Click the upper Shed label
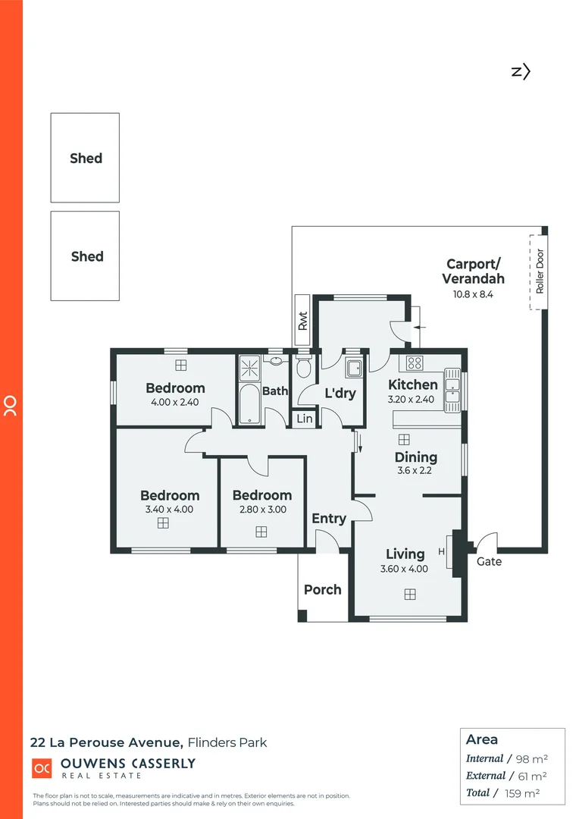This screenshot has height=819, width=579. pos(86,158)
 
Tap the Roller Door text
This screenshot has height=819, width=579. pos(540,271)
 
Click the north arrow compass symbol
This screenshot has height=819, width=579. pos(520,71)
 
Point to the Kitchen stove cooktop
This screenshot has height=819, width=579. pos(415,362)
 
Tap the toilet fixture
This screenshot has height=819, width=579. pos(303,368)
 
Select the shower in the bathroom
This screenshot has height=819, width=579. pos(249,367)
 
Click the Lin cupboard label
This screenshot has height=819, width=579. pos(304,419)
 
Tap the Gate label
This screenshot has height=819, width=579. pos(489,562)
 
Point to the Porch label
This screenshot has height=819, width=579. pos(323,589)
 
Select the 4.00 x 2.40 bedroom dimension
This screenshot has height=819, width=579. pos(175,402)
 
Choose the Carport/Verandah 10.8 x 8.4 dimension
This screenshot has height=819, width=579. pos(473,294)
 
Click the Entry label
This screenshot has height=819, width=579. pos(329,519)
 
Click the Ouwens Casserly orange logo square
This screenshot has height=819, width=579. pos(41,768)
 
